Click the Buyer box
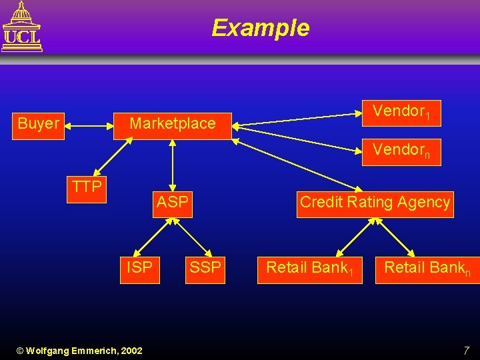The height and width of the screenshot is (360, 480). (x=39, y=123)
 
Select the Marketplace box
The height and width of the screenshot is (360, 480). (x=172, y=123)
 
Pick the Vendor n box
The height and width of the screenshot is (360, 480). (x=402, y=151)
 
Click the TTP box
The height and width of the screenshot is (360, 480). (x=87, y=187)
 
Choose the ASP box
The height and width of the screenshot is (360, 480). (x=172, y=202)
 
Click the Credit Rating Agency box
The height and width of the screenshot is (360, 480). (x=375, y=203)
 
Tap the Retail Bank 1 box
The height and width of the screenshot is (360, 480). (x=310, y=269)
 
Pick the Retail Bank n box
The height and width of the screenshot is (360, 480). (x=427, y=269)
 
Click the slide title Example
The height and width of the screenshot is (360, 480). (x=260, y=28)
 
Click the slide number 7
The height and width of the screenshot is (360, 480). (x=466, y=350)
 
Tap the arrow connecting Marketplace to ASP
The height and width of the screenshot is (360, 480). (x=172, y=164)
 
